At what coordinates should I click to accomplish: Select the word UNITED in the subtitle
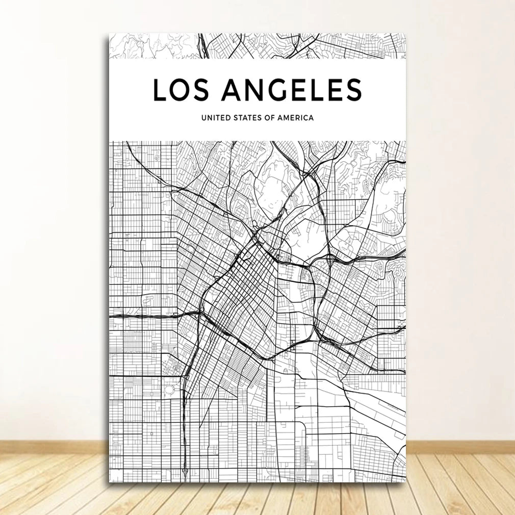tap(214, 118)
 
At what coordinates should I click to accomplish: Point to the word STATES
tap(246, 118)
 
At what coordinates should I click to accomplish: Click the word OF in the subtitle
tap(270, 118)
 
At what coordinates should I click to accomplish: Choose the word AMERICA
tap(296, 118)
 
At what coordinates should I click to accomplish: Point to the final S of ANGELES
tap(352, 90)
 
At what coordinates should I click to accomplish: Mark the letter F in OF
tap(273, 118)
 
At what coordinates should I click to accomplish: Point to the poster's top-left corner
tap(109, 34)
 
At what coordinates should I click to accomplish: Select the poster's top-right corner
tap(406, 34)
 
